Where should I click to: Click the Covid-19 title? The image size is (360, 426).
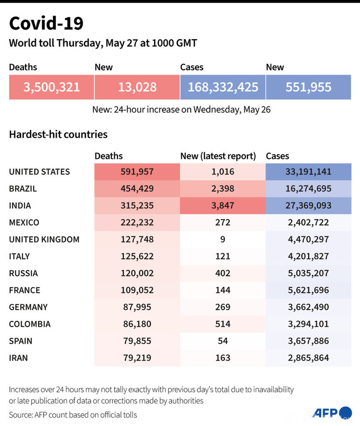point(46,23)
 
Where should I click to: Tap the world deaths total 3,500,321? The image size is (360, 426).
point(52,87)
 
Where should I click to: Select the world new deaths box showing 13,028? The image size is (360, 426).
point(137,87)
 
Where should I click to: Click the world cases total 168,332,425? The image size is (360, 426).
point(223,87)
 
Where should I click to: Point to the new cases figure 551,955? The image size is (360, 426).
point(308,87)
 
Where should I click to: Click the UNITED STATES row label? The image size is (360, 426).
point(40,172)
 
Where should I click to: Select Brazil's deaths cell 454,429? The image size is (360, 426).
point(137,189)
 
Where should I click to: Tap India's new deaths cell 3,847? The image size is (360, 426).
point(222,205)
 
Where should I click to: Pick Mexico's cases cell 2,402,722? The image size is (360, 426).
point(308,222)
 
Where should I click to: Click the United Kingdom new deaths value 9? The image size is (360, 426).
point(222,239)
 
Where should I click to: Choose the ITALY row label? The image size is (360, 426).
point(20,256)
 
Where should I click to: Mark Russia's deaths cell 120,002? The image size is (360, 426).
point(137,273)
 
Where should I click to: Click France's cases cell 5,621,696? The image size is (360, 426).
point(308,290)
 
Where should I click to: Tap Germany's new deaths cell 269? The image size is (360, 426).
point(222,307)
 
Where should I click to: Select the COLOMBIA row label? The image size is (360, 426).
point(30,324)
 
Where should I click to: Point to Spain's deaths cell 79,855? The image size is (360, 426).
point(137,341)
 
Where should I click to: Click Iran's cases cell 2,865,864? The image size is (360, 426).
point(308,358)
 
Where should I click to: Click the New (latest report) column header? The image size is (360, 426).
point(218,156)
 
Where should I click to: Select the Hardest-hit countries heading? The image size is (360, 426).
point(58,134)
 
